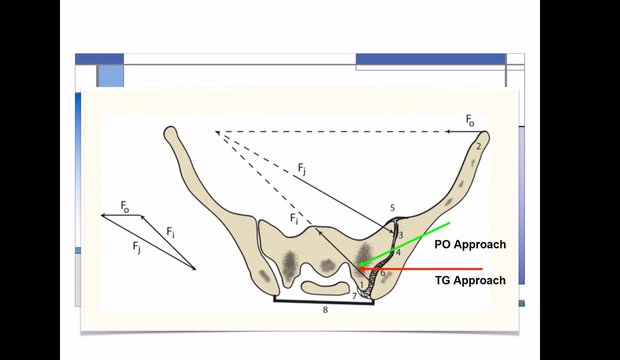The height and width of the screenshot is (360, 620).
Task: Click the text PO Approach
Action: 470,244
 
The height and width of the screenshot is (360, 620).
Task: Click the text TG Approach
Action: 470,281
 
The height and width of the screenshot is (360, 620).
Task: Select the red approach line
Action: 430,269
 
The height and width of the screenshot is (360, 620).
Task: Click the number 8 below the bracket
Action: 325,310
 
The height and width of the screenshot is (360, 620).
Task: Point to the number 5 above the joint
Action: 392,208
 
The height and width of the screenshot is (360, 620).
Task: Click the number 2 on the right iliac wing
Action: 479,146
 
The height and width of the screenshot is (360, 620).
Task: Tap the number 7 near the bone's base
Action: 354,296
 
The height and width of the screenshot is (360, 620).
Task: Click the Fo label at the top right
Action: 471,120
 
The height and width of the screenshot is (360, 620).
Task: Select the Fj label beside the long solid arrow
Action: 302,171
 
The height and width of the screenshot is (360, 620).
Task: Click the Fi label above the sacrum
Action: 294,217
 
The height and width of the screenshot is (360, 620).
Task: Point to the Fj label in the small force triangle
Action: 137,245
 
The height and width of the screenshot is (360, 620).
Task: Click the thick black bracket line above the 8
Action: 325,300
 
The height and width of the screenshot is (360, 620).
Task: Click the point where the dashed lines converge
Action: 216,132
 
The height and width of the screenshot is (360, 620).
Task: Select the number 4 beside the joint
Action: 397,252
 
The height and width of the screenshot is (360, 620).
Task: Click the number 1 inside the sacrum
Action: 362,285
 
